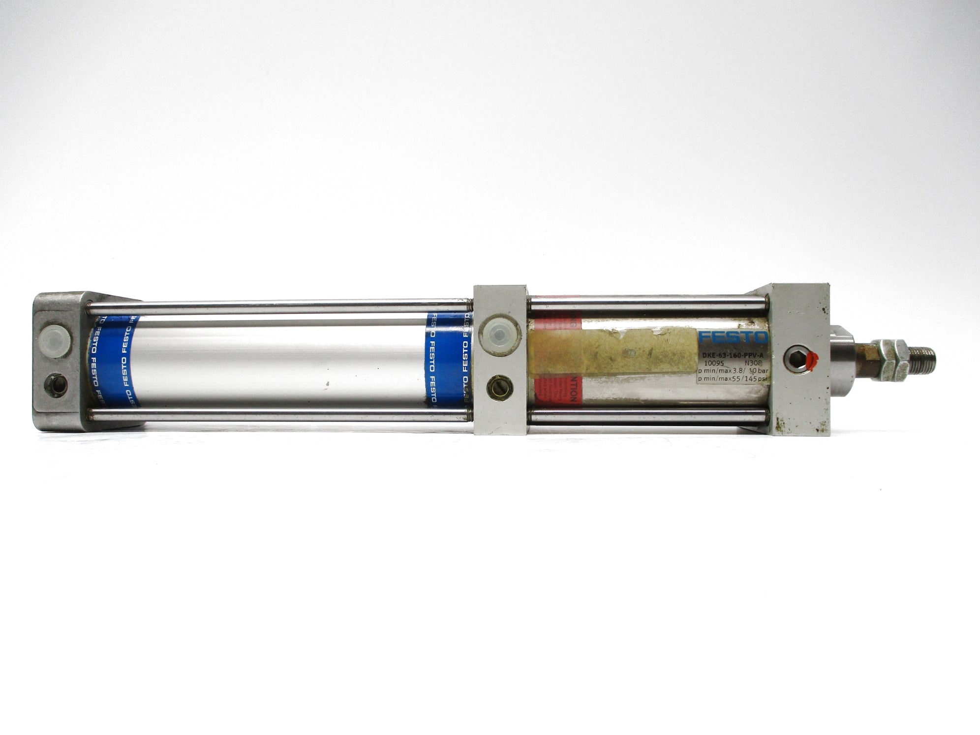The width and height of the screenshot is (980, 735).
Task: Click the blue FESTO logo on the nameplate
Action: [732, 338]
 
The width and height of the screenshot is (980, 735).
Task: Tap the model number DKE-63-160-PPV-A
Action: [733, 355]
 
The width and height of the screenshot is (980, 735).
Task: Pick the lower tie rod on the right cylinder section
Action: [649, 416]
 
